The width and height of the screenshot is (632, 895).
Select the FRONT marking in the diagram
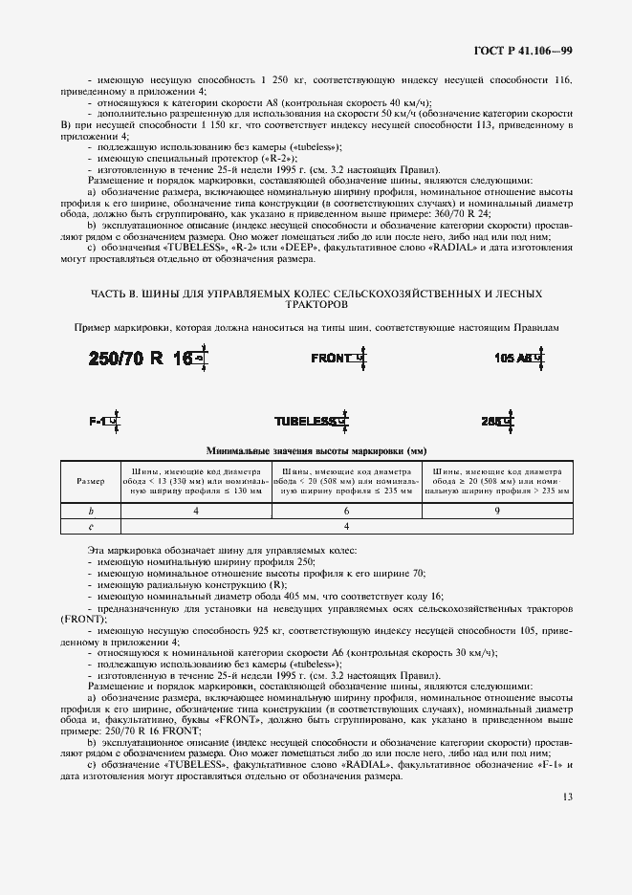click(335, 358)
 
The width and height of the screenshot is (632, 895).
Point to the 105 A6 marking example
click(515, 359)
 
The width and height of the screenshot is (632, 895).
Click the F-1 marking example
click(101, 420)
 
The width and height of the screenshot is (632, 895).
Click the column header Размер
click(91, 481)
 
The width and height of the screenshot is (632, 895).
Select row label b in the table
click(91, 512)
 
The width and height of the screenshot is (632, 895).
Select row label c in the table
click(91, 526)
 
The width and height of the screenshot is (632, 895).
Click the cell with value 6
click(347, 512)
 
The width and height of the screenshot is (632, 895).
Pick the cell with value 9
click(498, 512)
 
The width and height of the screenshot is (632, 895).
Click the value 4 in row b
click(196, 512)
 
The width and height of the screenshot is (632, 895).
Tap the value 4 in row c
click(347, 526)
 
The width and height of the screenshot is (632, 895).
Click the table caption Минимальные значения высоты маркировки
click(316, 449)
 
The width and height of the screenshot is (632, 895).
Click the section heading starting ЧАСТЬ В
click(316, 293)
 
